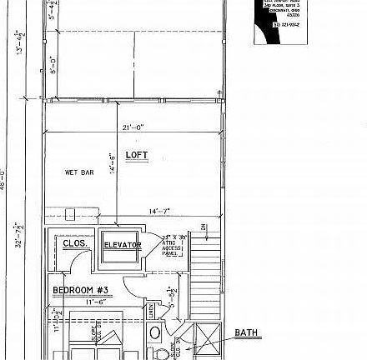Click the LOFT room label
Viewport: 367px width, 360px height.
137,156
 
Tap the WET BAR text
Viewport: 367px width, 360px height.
79,172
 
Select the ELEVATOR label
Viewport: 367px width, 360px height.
122,245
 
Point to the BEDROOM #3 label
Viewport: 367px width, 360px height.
81,290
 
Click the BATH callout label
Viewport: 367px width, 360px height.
246,333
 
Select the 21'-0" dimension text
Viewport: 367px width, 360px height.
133,127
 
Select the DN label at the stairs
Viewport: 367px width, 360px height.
203,227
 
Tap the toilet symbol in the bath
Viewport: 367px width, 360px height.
155,333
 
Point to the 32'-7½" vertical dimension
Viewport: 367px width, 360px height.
18,235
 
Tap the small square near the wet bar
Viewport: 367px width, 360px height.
70,214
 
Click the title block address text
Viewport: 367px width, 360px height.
280,9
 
